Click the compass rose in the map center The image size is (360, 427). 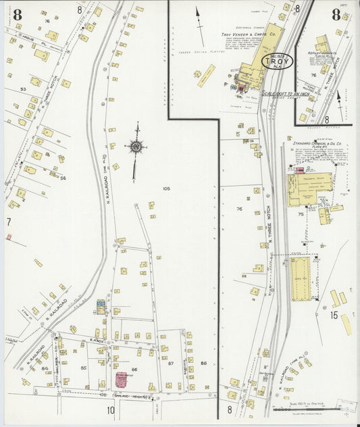(136, 146)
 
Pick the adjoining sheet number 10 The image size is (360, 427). (110, 409)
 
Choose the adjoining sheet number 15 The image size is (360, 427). (334, 315)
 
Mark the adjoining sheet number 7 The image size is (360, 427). (9, 222)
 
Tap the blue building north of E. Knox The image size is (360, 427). (101, 308)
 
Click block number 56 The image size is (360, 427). (63, 178)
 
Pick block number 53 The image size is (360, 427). (23, 89)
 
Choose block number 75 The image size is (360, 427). (301, 214)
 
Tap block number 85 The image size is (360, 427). (84, 368)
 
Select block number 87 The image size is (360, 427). (170, 363)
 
